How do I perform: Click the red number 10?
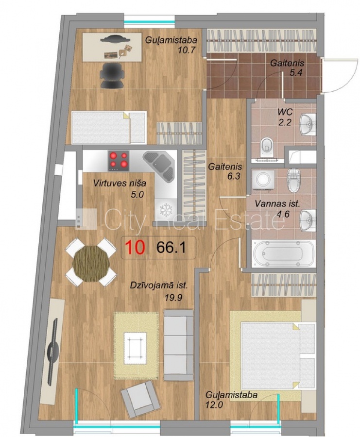coord(135,247)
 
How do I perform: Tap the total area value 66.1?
coord(171,247)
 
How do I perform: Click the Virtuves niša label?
coord(120,183)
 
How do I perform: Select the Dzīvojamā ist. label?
coord(159,286)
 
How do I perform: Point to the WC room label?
coord(285,112)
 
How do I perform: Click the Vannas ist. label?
coord(277,204)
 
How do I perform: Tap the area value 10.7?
coord(186,50)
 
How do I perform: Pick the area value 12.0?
coord(214,404)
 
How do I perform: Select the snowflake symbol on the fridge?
coord(166,209)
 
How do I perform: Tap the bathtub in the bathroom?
coord(284,254)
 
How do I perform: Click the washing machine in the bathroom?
coord(262,180)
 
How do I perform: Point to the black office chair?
coord(112,75)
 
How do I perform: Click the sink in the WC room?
coord(308,124)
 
